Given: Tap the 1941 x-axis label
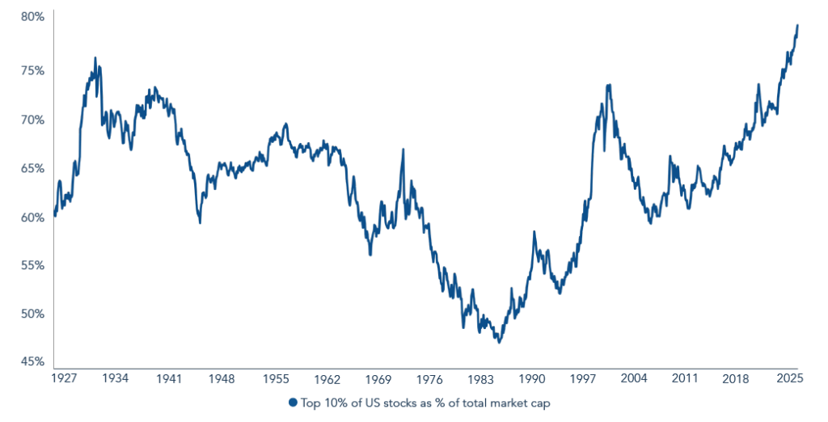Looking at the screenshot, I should [x=169, y=378].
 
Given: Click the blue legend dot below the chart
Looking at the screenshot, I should [x=292, y=402].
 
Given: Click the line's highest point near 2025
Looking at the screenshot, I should [x=797, y=25].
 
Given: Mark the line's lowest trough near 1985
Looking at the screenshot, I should [x=499, y=343].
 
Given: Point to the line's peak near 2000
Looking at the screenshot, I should [x=608, y=84].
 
